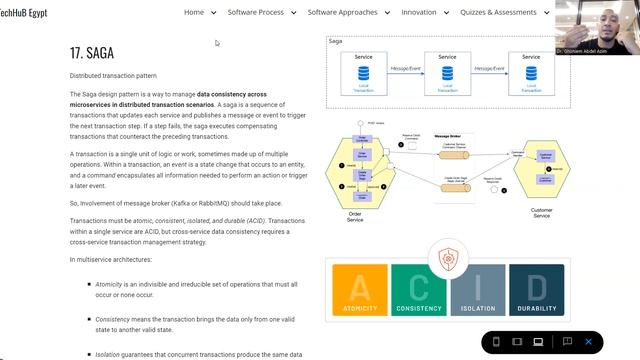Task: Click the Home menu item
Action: pyautogui.click(x=194, y=12)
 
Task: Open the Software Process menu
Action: pyautogui.click(x=255, y=12)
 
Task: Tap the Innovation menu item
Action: pyautogui.click(x=418, y=12)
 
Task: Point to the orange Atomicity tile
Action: pyautogui.click(x=359, y=294)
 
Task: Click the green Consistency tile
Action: pyautogui.click(x=418, y=294)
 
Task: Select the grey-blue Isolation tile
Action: pyautogui.click(x=477, y=294)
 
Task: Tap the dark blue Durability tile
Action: pyautogui.click(x=536, y=294)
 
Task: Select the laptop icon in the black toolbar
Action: pyautogui.click(x=538, y=342)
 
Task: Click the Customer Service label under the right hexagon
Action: pyautogui.click(x=540, y=212)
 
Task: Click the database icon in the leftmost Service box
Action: pyautogui.click(x=363, y=73)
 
